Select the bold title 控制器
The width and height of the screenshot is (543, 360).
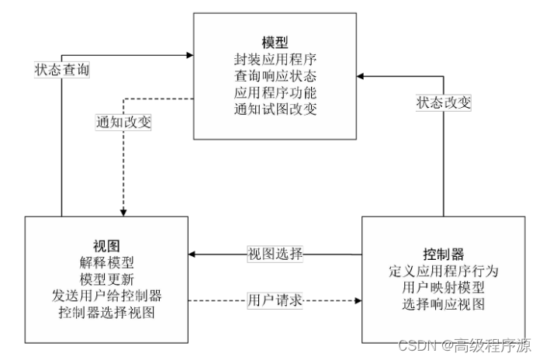tap(443, 254)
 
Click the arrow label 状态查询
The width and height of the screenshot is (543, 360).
tap(62, 69)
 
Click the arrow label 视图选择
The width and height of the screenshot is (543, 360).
tap(275, 254)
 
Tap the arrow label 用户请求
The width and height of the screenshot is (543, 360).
tap(275, 299)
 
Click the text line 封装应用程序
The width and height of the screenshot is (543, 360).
tap(275, 59)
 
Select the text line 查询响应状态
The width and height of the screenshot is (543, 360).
tap(275, 76)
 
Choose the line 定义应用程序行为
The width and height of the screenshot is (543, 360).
tap(443, 272)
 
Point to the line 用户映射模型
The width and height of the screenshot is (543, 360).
tap(443, 288)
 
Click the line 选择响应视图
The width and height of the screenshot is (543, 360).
tap(443, 304)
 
